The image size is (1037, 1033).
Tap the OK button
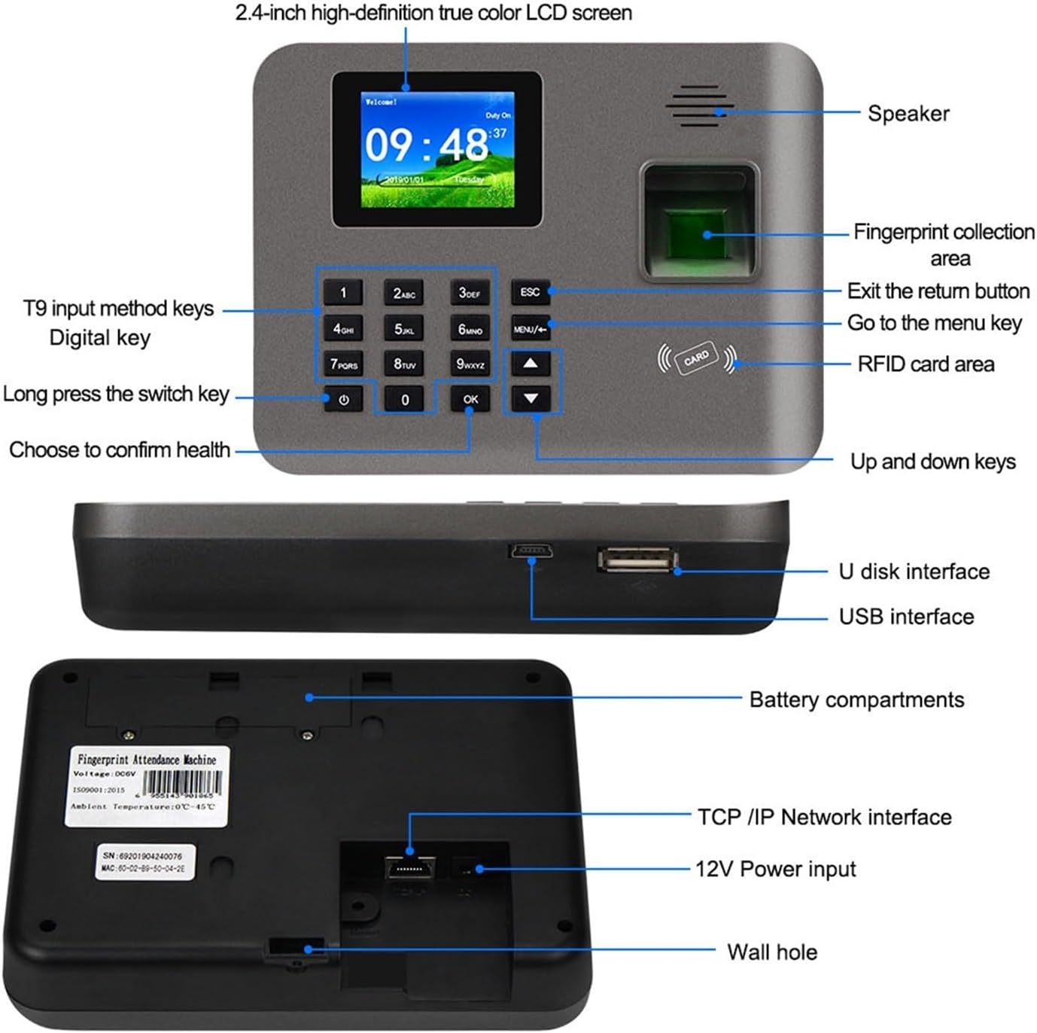click(470, 399)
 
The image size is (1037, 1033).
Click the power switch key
click(344, 400)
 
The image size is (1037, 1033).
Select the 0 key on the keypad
click(405, 400)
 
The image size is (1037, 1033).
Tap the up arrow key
click(531, 364)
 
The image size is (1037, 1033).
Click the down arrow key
click(531, 398)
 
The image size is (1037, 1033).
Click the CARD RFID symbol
click(697, 358)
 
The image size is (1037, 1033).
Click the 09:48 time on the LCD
click(426, 145)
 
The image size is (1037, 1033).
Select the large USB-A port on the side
click(637, 559)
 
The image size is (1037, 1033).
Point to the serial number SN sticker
click(143, 862)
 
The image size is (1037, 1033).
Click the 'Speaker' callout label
click(908, 114)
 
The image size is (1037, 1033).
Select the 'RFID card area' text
click(926, 364)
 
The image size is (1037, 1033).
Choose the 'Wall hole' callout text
click(771, 952)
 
